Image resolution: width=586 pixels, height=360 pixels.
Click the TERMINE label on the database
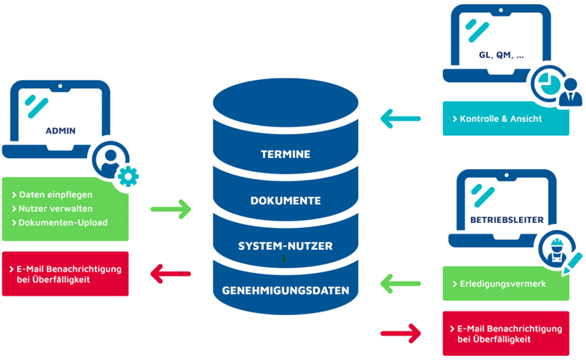click(x=286, y=154)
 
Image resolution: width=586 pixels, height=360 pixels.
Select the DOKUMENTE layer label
click(x=286, y=201)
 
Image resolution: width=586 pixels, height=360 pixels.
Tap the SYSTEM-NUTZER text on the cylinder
click(x=286, y=246)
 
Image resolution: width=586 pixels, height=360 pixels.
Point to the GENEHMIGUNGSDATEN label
click(x=286, y=291)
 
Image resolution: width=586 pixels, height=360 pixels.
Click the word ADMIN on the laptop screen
click(x=60, y=131)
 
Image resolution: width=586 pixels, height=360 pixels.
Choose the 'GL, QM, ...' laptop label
click(x=500, y=55)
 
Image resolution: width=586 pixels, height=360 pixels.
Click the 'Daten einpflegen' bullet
click(x=56, y=194)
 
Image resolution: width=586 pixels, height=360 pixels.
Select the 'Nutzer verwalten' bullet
click(x=56, y=209)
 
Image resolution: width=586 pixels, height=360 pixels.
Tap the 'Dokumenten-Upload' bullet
click(x=63, y=222)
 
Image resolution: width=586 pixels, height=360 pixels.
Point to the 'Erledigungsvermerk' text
click(x=501, y=284)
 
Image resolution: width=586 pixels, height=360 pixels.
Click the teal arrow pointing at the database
click(x=401, y=119)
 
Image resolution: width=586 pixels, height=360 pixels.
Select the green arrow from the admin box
click(x=172, y=209)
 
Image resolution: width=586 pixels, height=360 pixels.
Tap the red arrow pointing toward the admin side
click(x=172, y=273)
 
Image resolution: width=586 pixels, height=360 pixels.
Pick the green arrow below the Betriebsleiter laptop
click(x=401, y=284)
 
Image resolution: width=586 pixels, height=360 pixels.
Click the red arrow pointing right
click(x=401, y=331)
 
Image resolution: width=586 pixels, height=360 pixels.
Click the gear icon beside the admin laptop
click(x=128, y=176)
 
